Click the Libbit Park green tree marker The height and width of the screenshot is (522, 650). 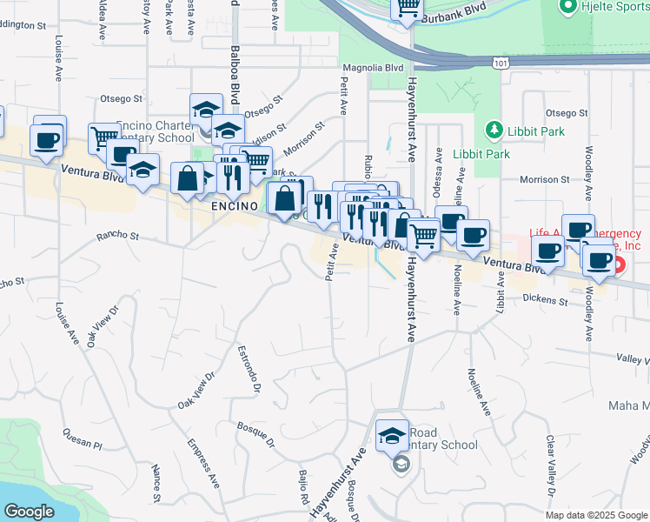494,131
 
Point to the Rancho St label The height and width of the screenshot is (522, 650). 118,235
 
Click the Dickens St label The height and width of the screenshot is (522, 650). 545,301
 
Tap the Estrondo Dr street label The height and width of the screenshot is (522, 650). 249,369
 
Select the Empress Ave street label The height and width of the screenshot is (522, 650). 202,462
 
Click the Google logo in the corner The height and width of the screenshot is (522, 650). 29,512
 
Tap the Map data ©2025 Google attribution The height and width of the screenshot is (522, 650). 595,514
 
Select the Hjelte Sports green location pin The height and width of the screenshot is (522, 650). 568,8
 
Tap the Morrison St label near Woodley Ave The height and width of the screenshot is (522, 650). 543,180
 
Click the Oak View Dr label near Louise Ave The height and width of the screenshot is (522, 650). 102,326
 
